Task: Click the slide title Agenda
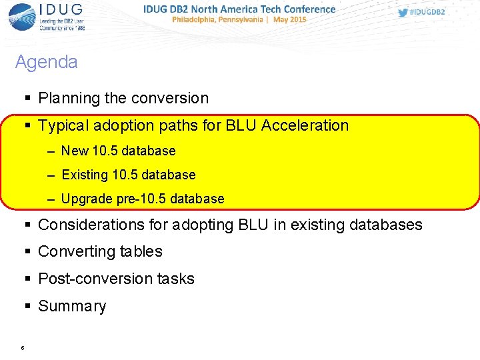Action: point(46,62)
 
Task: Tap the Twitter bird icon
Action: point(403,12)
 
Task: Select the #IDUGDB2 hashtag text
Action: point(427,12)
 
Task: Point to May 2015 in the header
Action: point(289,20)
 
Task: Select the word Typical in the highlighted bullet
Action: point(65,125)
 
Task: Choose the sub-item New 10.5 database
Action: point(118,151)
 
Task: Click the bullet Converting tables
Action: point(100,251)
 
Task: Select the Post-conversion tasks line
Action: point(116,279)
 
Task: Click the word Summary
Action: point(72,306)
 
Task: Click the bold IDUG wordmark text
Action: point(61,11)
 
